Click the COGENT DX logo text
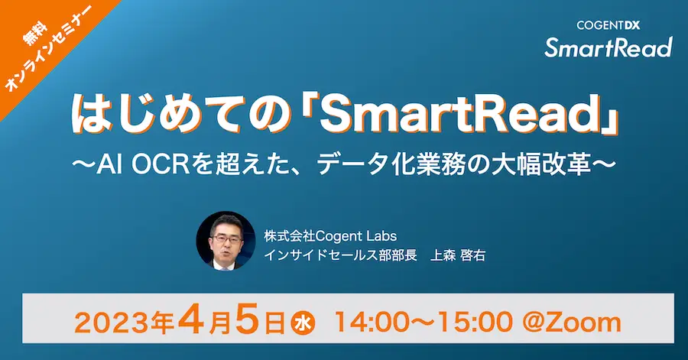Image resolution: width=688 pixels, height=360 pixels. click(608, 25)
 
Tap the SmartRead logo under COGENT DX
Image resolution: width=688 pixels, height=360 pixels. click(608, 47)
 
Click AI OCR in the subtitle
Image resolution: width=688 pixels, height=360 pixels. click(136, 167)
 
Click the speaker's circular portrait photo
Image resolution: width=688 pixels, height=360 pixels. click(226, 241)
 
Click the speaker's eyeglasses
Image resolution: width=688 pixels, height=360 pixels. click(226, 239)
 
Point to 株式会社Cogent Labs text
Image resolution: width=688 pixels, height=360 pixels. click(330, 236)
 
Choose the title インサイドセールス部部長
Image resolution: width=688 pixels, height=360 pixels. click(340, 255)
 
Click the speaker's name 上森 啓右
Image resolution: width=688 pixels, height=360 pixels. click(458, 255)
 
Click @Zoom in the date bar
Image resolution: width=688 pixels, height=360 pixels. click(572, 323)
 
